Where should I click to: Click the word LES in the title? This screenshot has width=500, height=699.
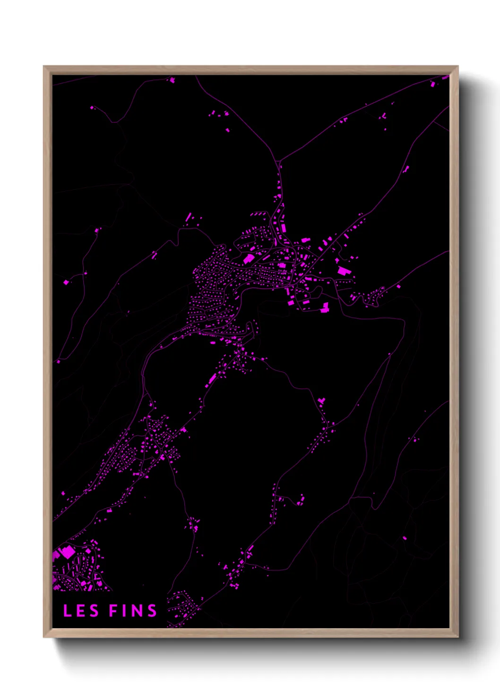coord(81,611)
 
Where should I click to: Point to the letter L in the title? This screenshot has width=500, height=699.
coord(67,611)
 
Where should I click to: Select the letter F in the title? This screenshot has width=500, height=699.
coord(113,611)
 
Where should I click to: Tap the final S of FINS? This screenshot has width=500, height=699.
coord(152,611)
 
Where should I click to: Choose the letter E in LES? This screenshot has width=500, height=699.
coord(81,611)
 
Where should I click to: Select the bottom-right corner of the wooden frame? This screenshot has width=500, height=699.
coord(457,637)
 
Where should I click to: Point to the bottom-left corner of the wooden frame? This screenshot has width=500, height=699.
coord(44,637)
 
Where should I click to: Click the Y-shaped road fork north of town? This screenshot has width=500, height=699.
coord(279,162)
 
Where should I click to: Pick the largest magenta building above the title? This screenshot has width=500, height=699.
coord(68,551)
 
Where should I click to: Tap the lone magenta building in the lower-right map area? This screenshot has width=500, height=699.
coord(405,537)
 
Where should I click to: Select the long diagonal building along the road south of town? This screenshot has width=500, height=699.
coord(210,380)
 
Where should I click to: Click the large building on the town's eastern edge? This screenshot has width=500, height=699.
coord(343,271)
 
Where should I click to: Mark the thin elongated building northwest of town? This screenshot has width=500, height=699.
coord(188,217)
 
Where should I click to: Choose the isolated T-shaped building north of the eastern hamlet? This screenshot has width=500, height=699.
coord(322,401)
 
